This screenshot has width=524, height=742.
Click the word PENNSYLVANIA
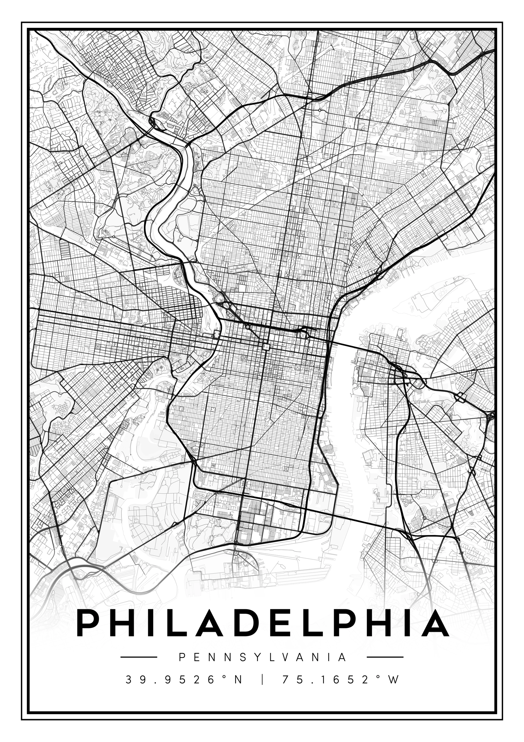(262, 657)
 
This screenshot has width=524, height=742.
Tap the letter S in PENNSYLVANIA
(240, 657)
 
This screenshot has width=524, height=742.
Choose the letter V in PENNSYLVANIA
(285, 657)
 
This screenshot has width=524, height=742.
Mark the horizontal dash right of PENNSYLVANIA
(385, 657)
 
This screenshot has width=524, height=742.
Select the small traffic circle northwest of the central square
(248, 327)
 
